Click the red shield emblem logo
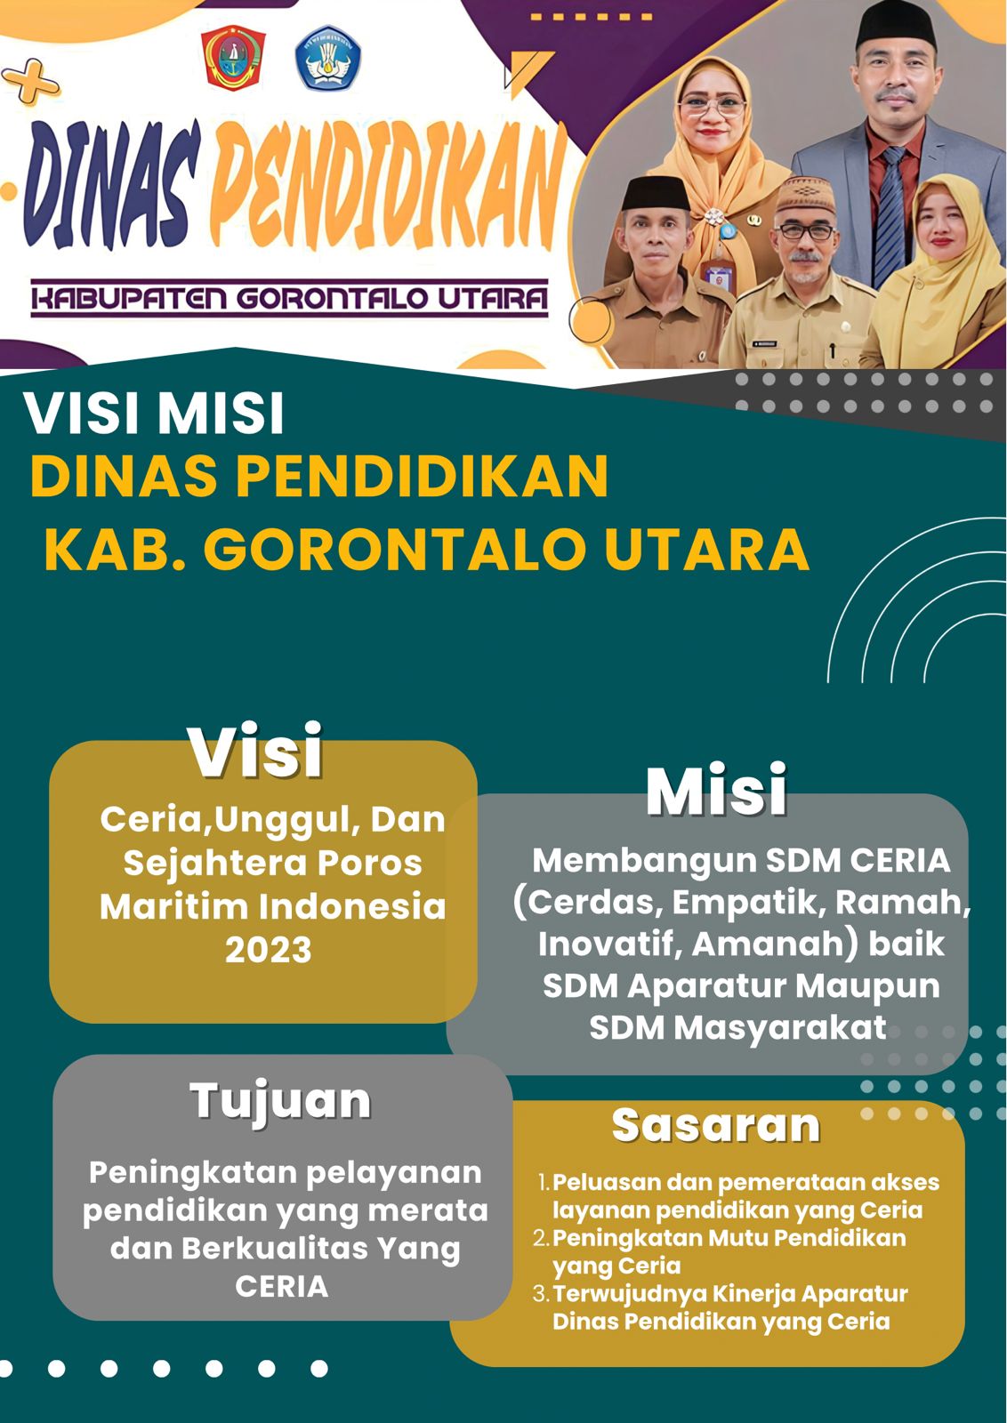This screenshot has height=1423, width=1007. pos(232,58)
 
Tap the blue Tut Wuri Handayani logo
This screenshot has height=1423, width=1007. pos(328,57)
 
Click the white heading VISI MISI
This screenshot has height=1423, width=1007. pos(155,414)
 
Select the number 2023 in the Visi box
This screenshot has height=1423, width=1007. pos(268,951)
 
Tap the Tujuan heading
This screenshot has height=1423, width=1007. pos(280,1100)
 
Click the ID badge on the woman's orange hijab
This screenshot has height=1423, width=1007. pos(719,277)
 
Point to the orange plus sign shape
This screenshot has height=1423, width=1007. pos(30,81)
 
